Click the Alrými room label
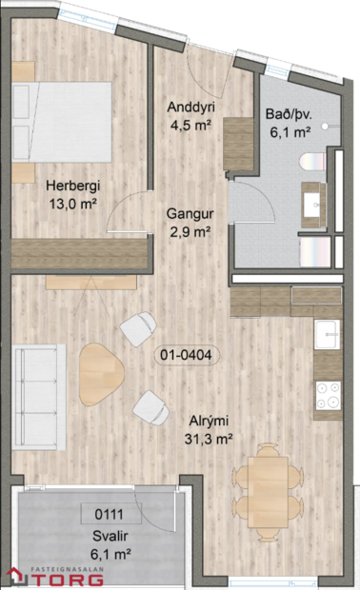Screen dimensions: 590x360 (208, 420)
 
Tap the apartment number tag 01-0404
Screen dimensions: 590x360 (187, 356)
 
